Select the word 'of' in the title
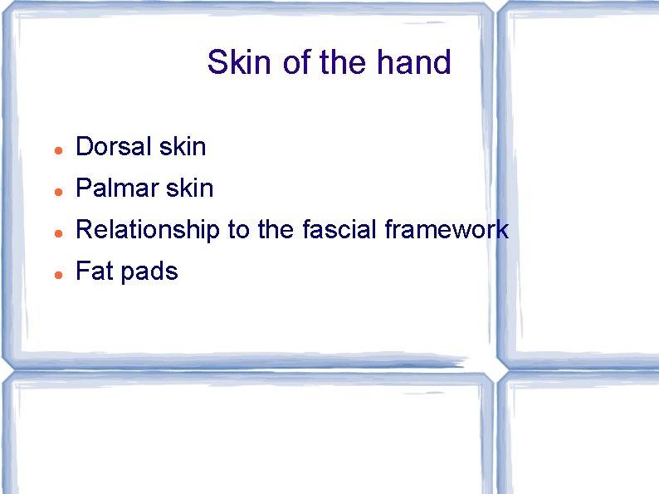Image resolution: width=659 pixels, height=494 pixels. (x=296, y=62)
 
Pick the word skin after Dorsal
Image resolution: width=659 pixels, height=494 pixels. (x=183, y=147)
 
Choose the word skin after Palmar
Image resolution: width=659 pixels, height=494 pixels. (x=190, y=188)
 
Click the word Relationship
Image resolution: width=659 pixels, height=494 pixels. (x=148, y=230)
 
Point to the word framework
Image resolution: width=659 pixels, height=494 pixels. (x=447, y=230)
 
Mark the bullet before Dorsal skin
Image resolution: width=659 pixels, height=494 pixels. (x=56, y=149)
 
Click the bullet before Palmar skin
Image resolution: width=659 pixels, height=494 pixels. (x=56, y=191)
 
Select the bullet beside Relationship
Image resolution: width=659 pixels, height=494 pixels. (x=56, y=232)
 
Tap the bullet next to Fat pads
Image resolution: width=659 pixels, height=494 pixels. (x=56, y=274)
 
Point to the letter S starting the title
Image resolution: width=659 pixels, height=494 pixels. (x=217, y=62)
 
